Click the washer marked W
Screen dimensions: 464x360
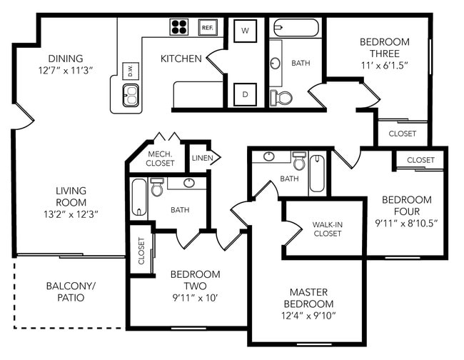(x=245, y=31)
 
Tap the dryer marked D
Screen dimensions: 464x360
(x=245, y=94)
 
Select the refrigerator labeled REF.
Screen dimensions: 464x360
(x=208, y=28)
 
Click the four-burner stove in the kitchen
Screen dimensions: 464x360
(x=179, y=27)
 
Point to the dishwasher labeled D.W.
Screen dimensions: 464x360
(x=131, y=71)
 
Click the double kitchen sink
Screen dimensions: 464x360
(x=131, y=95)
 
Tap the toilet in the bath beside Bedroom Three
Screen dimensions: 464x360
(x=281, y=98)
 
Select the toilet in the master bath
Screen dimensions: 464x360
(x=299, y=161)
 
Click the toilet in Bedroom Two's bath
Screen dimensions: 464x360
(x=157, y=187)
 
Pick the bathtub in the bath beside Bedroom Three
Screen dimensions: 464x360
(x=296, y=28)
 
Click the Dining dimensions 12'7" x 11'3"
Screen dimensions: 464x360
(x=66, y=71)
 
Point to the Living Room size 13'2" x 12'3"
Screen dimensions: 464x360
(x=71, y=214)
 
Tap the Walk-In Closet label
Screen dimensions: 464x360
(x=327, y=229)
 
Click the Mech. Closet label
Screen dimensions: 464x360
(x=160, y=159)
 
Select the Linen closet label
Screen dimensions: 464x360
(x=202, y=158)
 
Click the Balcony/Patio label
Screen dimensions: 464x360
(x=71, y=291)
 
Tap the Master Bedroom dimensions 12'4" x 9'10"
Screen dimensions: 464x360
(x=308, y=316)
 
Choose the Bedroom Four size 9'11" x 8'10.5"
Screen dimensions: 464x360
(x=406, y=224)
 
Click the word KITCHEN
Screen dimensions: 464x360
(x=181, y=59)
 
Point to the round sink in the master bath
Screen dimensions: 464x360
(x=268, y=156)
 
